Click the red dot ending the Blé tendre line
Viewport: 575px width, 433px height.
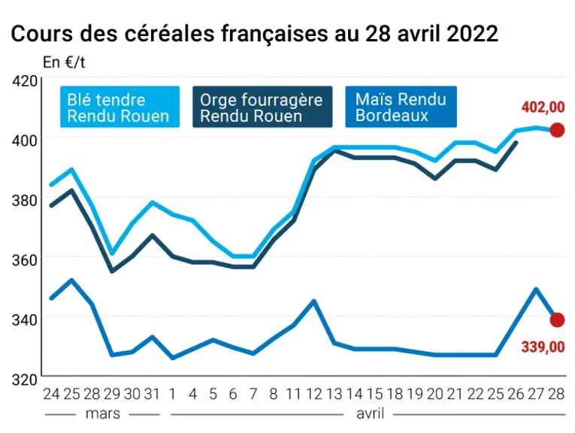pos(557,130)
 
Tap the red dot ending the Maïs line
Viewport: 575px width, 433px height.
pos(557,319)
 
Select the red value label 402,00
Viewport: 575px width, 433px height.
pos(543,107)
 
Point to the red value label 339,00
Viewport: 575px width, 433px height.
pos(543,347)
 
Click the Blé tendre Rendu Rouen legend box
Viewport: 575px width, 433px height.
pos(120,107)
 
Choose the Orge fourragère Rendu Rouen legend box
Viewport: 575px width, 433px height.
pos(262,107)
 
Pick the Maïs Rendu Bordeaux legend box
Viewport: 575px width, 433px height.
pos(401,107)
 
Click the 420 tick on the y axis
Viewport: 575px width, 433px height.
pos(25,80)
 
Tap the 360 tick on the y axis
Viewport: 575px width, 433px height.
pos(25,260)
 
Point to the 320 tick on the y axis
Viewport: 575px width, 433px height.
pos(25,380)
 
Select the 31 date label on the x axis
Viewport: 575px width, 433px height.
pos(152,394)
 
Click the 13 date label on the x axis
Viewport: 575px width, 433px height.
pos(334,394)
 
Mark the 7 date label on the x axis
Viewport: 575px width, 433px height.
pos(253,394)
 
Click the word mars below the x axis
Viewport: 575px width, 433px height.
pos(103,413)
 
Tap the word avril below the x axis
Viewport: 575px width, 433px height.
pos(370,413)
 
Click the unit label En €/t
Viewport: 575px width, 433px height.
pos(64,62)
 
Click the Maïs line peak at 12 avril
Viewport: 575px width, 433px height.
pos(314,301)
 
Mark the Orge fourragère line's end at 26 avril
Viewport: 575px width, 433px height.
pos(516,143)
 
